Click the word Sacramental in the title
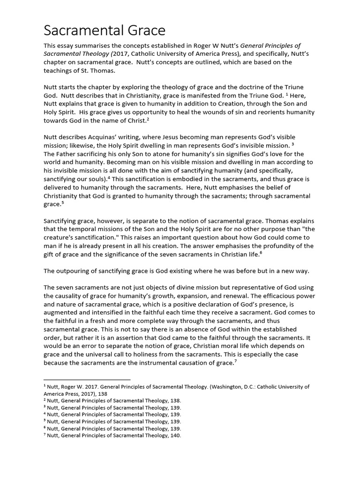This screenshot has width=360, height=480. pos(80,30)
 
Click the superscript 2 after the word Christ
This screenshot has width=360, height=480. pos(148,120)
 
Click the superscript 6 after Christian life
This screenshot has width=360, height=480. pos(261,253)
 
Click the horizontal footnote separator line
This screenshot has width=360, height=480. pos(87,379)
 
